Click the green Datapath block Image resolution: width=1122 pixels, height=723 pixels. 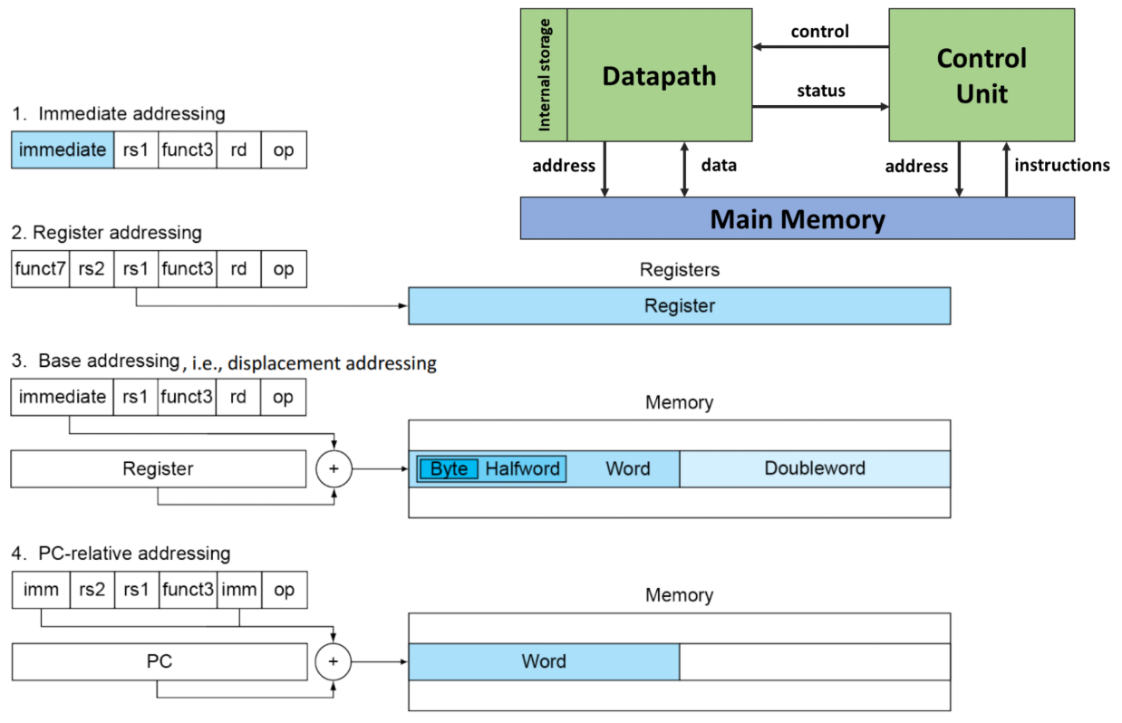click(659, 76)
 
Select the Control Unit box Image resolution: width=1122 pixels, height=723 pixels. click(981, 76)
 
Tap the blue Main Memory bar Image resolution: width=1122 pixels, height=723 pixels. click(797, 218)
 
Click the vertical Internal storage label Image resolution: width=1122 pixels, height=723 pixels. click(545, 75)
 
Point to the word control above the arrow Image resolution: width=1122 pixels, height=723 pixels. click(819, 32)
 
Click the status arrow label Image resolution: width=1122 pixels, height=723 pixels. click(820, 91)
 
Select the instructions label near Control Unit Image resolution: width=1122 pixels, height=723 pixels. click(1061, 165)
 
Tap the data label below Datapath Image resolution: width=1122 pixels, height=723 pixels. click(719, 165)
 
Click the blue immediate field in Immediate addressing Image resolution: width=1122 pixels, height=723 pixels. click(63, 150)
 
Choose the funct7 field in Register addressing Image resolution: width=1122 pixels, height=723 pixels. click(41, 269)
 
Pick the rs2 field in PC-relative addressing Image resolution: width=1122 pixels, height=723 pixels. click(92, 590)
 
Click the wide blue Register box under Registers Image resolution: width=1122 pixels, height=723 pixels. click(679, 306)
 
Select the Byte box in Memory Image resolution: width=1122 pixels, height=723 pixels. click(449, 469)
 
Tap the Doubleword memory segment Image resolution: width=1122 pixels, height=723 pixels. click(814, 468)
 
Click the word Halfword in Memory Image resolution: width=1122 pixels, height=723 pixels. click(523, 469)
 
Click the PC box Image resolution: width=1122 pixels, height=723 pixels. click(159, 661)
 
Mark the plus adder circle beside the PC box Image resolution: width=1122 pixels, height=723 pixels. click(333, 662)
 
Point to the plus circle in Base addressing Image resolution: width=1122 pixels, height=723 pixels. click(333, 469)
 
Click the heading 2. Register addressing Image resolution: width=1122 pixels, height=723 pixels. click(106, 233)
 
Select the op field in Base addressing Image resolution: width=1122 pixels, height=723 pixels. click(284, 397)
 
